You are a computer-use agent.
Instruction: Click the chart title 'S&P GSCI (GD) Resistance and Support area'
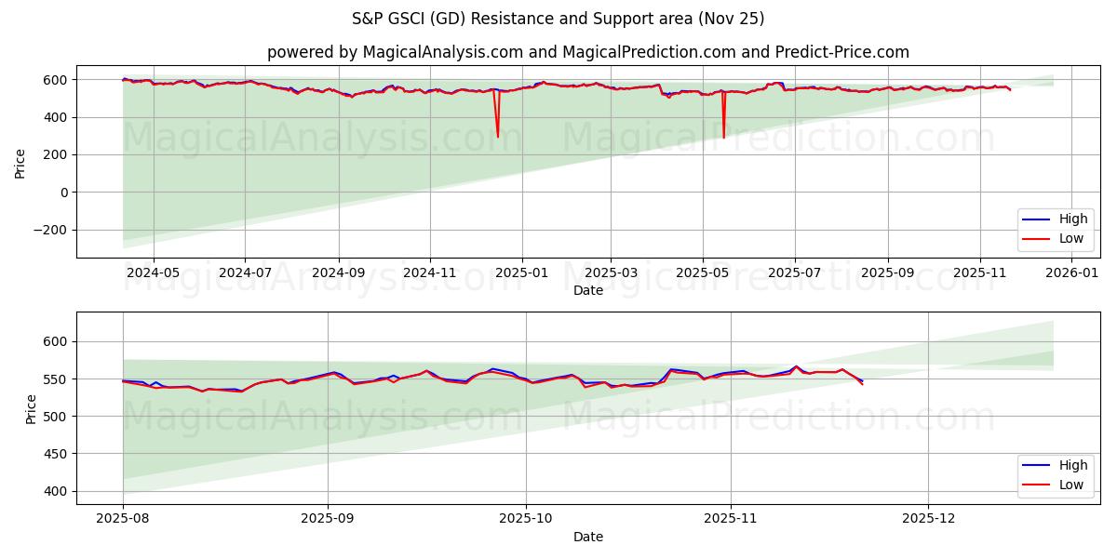(558, 19)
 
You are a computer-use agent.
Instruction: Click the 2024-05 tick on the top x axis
(153, 272)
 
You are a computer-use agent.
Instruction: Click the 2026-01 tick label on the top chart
(1073, 272)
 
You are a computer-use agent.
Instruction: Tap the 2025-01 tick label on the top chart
(521, 272)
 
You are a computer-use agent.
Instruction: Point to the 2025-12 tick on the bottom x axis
(928, 519)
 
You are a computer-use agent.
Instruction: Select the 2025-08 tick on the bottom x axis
(123, 519)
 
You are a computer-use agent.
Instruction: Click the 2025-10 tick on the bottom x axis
(526, 519)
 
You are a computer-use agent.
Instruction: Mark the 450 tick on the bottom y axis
(57, 454)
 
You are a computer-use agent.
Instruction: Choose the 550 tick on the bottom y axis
(57, 379)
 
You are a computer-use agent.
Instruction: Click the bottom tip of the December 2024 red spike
(498, 137)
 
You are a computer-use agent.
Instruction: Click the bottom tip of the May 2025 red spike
(723, 138)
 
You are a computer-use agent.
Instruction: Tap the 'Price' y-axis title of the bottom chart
(32, 408)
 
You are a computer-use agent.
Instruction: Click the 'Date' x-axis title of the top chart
(588, 290)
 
